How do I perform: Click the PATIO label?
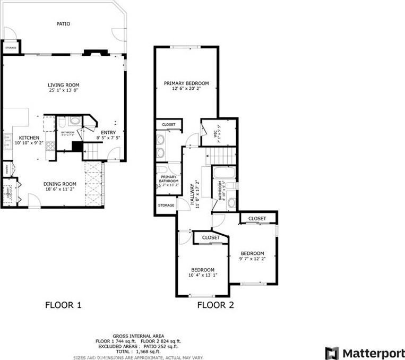pyautogui.click(x=63, y=24)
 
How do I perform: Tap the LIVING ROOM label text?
pyautogui.click(x=63, y=85)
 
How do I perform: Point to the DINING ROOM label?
pyautogui.click(x=59, y=184)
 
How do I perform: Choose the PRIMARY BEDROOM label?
pyautogui.click(x=186, y=83)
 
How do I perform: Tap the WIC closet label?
pyautogui.click(x=216, y=134)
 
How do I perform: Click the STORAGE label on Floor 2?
pyautogui.click(x=166, y=205)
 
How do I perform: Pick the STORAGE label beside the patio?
pyautogui.click(x=11, y=48)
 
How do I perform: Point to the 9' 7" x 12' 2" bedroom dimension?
pyautogui.click(x=252, y=259)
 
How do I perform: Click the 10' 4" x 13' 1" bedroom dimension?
pyautogui.click(x=203, y=275)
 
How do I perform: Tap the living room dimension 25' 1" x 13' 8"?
pyautogui.click(x=63, y=91)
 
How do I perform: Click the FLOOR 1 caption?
pyautogui.click(x=63, y=305)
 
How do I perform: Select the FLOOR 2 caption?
pyautogui.click(x=216, y=305)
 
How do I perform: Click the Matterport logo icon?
pyautogui.click(x=332, y=353)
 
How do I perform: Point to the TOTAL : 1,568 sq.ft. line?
pyautogui.click(x=139, y=352)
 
